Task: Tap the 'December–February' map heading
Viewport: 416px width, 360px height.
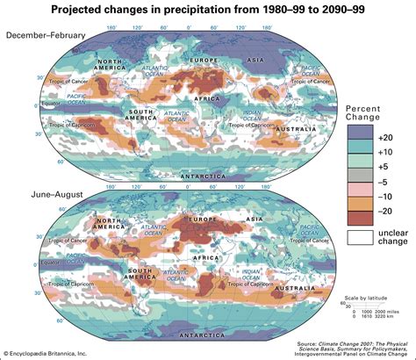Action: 49,34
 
